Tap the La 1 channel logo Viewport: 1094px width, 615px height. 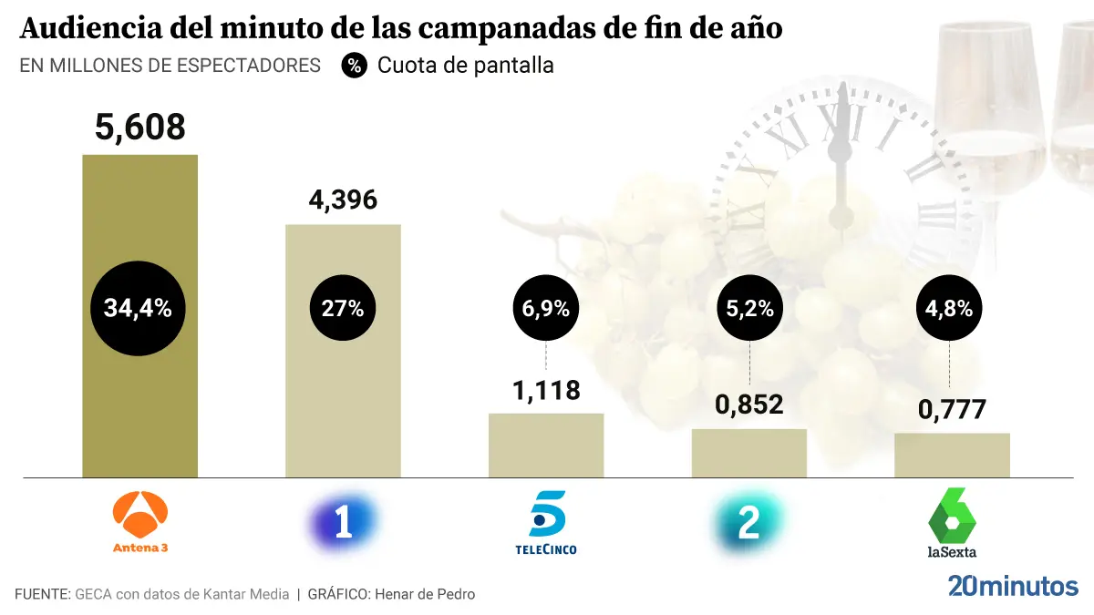pyautogui.click(x=343, y=524)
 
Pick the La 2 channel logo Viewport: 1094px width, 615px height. pyautogui.click(x=748, y=525)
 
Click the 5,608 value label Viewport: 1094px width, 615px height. pyautogui.click(x=140, y=127)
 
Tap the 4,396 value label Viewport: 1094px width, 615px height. pyautogui.click(x=343, y=200)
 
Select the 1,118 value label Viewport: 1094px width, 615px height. pyautogui.click(x=546, y=390)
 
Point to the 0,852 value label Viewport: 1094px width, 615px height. pyautogui.click(x=749, y=405)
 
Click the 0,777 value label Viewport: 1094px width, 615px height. pyautogui.click(x=952, y=409)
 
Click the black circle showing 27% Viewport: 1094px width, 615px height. pyautogui.click(x=343, y=308)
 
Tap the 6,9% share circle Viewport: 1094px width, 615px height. pyautogui.click(x=546, y=308)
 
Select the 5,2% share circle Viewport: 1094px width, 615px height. pyautogui.click(x=749, y=308)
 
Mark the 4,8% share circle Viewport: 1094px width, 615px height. pyautogui.click(x=952, y=308)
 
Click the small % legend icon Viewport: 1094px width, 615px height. pyautogui.click(x=355, y=66)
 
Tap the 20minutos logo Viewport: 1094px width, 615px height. pyautogui.click(x=1013, y=585)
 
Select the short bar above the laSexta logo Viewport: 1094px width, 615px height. pyautogui.click(x=952, y=455)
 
